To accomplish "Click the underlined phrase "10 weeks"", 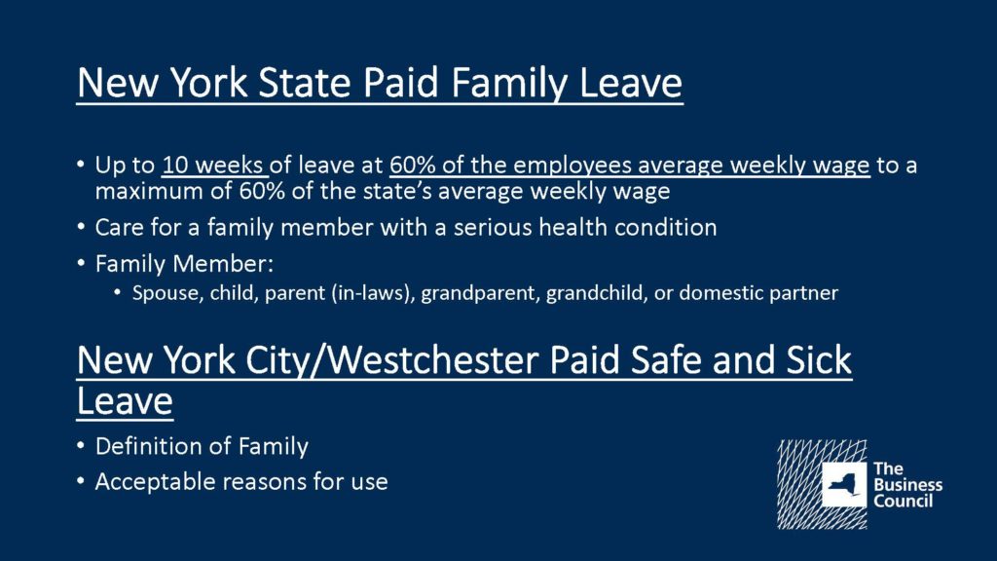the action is pos(212,166).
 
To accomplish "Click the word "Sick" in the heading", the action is pos(819,360).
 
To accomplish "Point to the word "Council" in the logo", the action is pos(903,501).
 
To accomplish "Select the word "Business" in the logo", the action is pos(908,485).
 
